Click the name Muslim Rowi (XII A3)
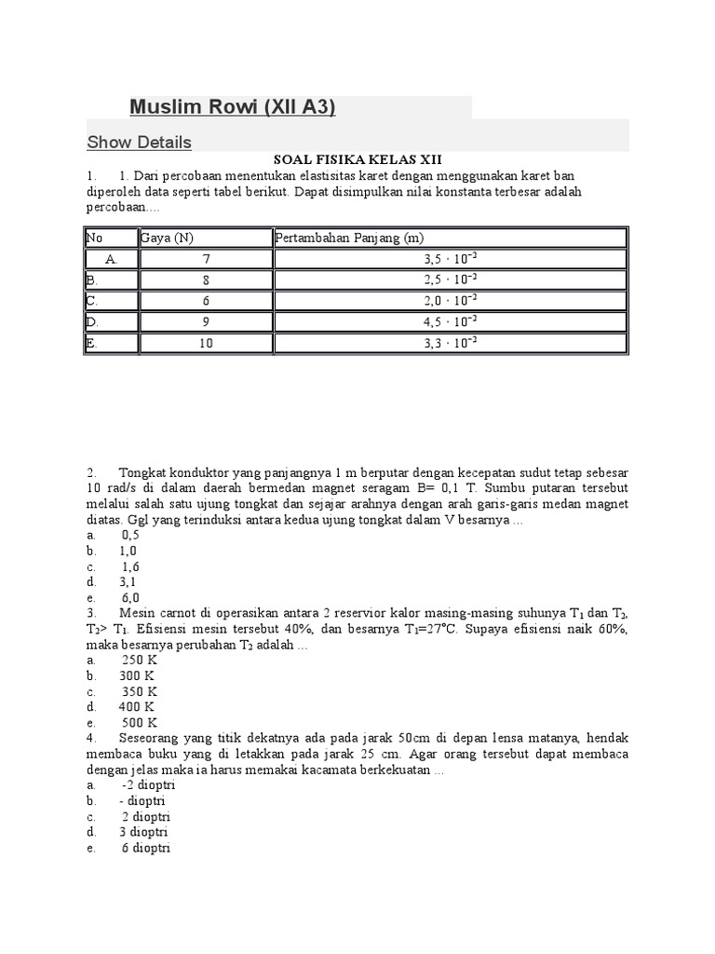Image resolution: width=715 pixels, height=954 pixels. click(x=233, y=107)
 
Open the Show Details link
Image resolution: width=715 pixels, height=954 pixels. click(x=139, y=143)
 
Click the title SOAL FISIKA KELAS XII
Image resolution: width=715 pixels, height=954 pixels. click(x=357, y=160)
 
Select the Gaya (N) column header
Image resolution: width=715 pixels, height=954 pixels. click(x=168, y=238)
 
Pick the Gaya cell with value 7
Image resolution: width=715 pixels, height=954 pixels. click(x=206, y=258)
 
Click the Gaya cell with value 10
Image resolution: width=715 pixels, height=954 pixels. click(x=206, y=343)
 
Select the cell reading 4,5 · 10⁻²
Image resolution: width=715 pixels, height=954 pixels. click(x=450, y=321)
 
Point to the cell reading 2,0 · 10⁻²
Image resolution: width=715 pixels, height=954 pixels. click(x=450, y=300)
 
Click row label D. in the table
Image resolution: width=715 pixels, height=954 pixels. click(x=91, y=321)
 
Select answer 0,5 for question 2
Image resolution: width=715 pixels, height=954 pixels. click(x=130, y=536)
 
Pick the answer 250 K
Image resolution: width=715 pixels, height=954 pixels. click(x=139, y=661)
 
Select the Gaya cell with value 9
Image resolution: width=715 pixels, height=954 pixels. click(x=206, y=321)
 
